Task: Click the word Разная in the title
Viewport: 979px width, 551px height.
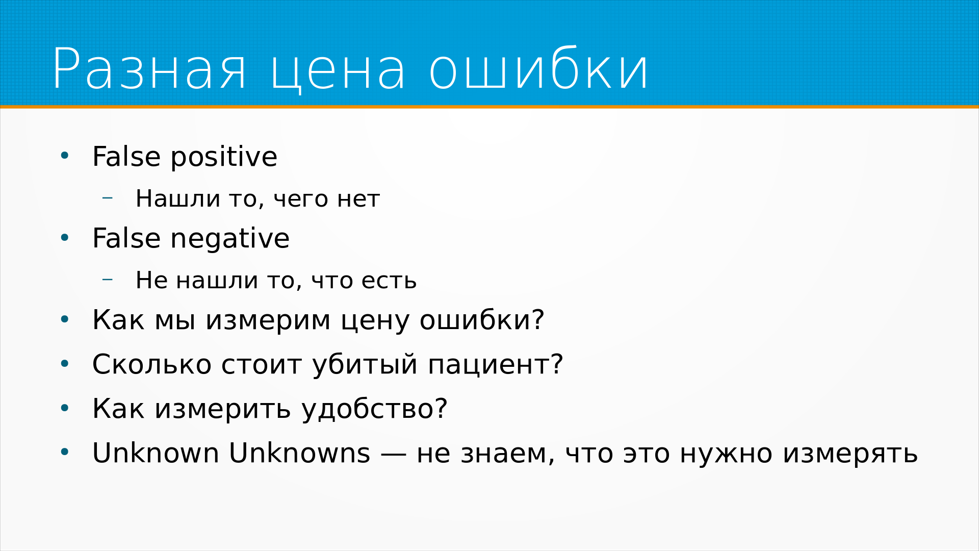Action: pyautogui.click(x=149, y=69)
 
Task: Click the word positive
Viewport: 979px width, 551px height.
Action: pyautogui.click(x=224, y=157)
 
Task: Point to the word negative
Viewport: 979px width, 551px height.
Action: pyautogui.click(x=229, y=239)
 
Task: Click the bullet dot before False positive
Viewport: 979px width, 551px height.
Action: pyautogui.click(x=64, y=156)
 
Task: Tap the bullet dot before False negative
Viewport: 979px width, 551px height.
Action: pyautogui.click(x=64, y=238)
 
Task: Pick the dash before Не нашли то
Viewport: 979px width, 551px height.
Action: pyautogui.click(x=107, y=279)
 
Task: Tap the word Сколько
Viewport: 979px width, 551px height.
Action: pyautogui.click(x=151, y=364)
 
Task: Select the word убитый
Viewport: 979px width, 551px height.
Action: pyautogui.click(x=365, y=365)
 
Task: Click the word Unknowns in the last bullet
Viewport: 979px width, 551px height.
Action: pyautogui.click(x=299, y=453)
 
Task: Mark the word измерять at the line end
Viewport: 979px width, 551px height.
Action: pyautogui.click(x=850, y=454)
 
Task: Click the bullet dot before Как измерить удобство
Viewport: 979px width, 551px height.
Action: pyautogui.click(x=64, y=408)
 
